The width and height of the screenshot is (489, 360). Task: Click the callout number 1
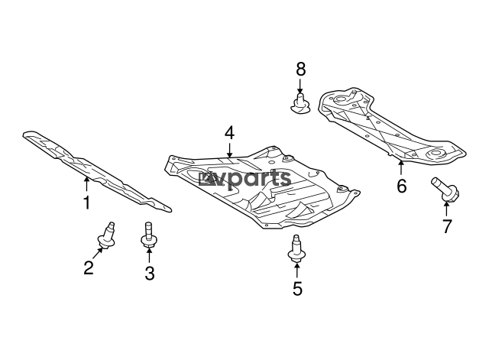pos(86,203)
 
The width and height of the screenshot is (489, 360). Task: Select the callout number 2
pos(89,268)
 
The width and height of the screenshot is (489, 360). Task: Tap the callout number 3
pos(150,273)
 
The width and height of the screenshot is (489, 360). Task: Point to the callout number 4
pos(229,132)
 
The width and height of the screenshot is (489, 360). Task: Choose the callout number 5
pos(297,289)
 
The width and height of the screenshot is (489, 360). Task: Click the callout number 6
pos(402,186)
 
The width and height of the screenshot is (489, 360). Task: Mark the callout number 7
pos(447,226)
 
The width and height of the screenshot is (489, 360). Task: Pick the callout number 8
pos(300,69)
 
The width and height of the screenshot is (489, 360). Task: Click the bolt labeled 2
pos(107,236)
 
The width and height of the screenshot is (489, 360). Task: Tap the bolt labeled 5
pos(296,248)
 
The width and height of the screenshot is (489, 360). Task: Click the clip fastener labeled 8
pos(300,104)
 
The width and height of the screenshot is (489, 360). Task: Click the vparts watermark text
pos(245,179)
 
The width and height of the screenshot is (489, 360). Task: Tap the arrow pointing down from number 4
pos(229,150)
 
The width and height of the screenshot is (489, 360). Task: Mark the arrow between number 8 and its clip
pos(300,86)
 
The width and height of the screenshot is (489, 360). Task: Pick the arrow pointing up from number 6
pos(401,167)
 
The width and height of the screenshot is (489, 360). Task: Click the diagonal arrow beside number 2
pos(97,253)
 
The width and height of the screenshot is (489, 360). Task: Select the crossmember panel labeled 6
pos(392,125)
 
